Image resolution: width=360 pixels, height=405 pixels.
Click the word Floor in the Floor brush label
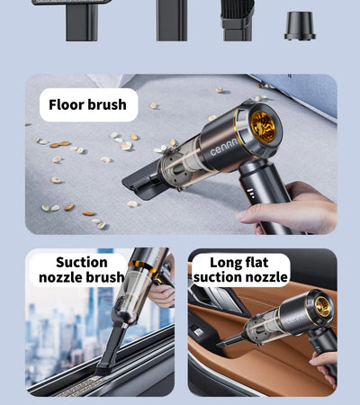67,105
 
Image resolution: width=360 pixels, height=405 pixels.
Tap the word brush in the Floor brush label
107,105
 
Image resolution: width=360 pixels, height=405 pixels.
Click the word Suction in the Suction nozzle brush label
81,263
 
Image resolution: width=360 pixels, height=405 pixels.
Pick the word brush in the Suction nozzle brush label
106,277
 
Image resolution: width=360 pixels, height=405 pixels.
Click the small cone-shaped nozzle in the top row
300,25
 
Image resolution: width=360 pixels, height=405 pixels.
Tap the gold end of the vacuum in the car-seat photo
321,306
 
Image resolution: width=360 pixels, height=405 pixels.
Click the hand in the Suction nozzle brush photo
162,292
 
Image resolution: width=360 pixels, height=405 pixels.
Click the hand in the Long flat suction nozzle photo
326,364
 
